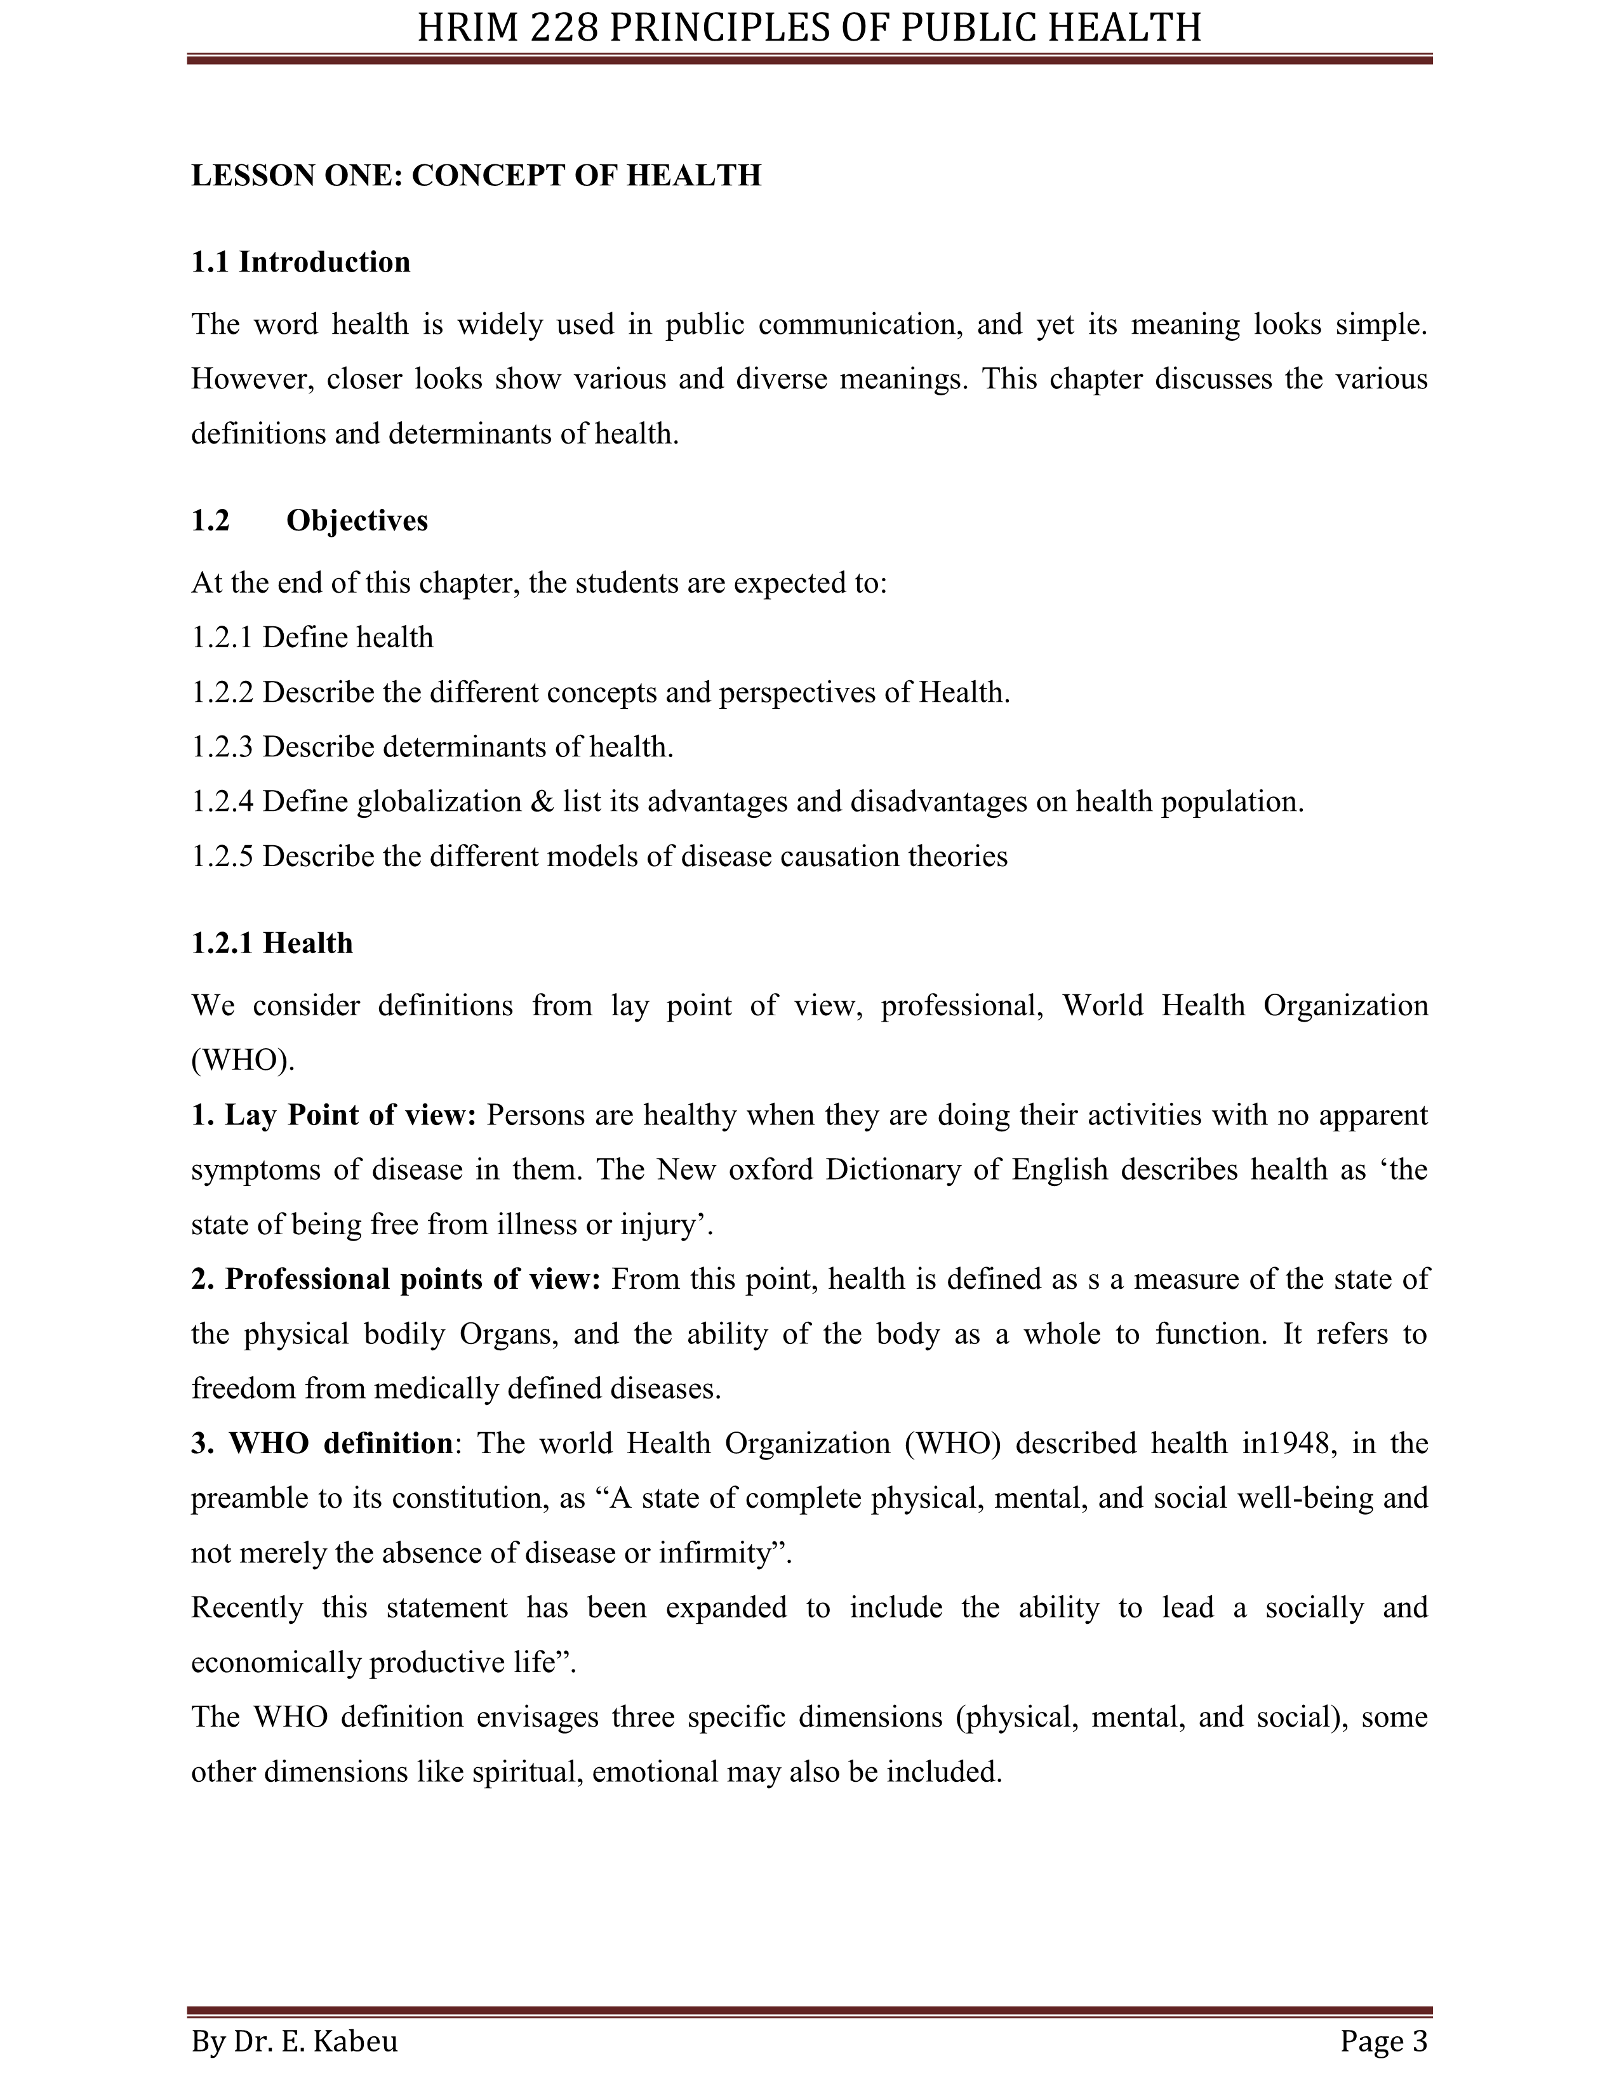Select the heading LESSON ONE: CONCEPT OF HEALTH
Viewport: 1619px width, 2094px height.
pyautogui.click(x=476, y=176)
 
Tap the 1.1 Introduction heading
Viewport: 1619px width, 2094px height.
pyautogui.click(x=300, y=261)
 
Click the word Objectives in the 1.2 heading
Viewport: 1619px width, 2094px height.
pyautogui.click(x=357, y=520)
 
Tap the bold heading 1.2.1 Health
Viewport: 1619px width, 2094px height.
pyautogui.click(x=272, y=944)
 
